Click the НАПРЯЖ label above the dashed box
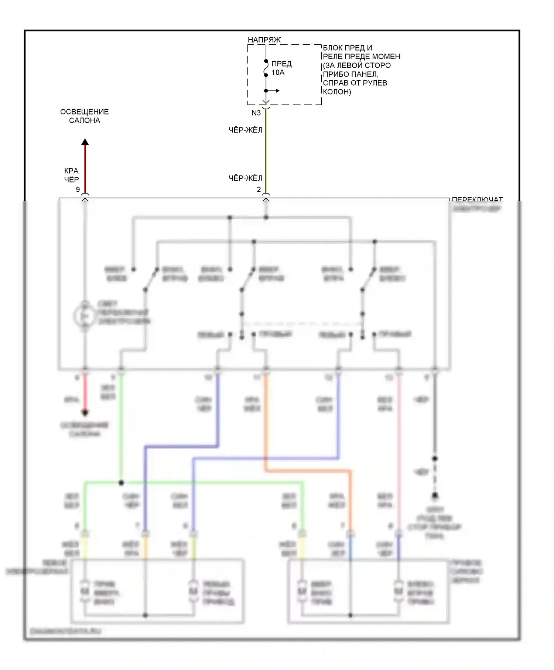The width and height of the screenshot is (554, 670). click(x=264, y=40)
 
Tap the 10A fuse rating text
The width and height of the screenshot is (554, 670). click(x=278, y=73)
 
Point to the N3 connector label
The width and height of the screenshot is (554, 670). click(x=256, y=113)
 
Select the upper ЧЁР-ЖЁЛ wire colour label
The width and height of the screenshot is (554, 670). click(x=246, y=130)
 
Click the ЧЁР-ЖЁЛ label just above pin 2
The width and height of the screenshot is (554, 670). click(x=246, y=178)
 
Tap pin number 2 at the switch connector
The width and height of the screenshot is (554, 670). click(x=259, y=189)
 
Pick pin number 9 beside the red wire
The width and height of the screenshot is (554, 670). click(x=78, y=189)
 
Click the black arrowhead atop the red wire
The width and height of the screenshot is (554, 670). click(x=85, y=142)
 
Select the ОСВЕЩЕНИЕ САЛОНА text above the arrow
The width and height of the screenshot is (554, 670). click(x=85, y=116)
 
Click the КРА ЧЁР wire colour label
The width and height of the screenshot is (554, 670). click(x=71, y=175)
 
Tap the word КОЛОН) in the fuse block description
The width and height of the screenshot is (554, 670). click(x=337, y=92)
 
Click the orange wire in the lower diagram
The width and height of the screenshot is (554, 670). click(x=307, y=471)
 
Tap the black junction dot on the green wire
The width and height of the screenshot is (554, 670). click(x=121, y=483)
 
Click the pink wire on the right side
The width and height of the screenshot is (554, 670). click(x=399, y=443)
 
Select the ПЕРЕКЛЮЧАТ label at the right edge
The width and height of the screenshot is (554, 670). click(x=477, y=200)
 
